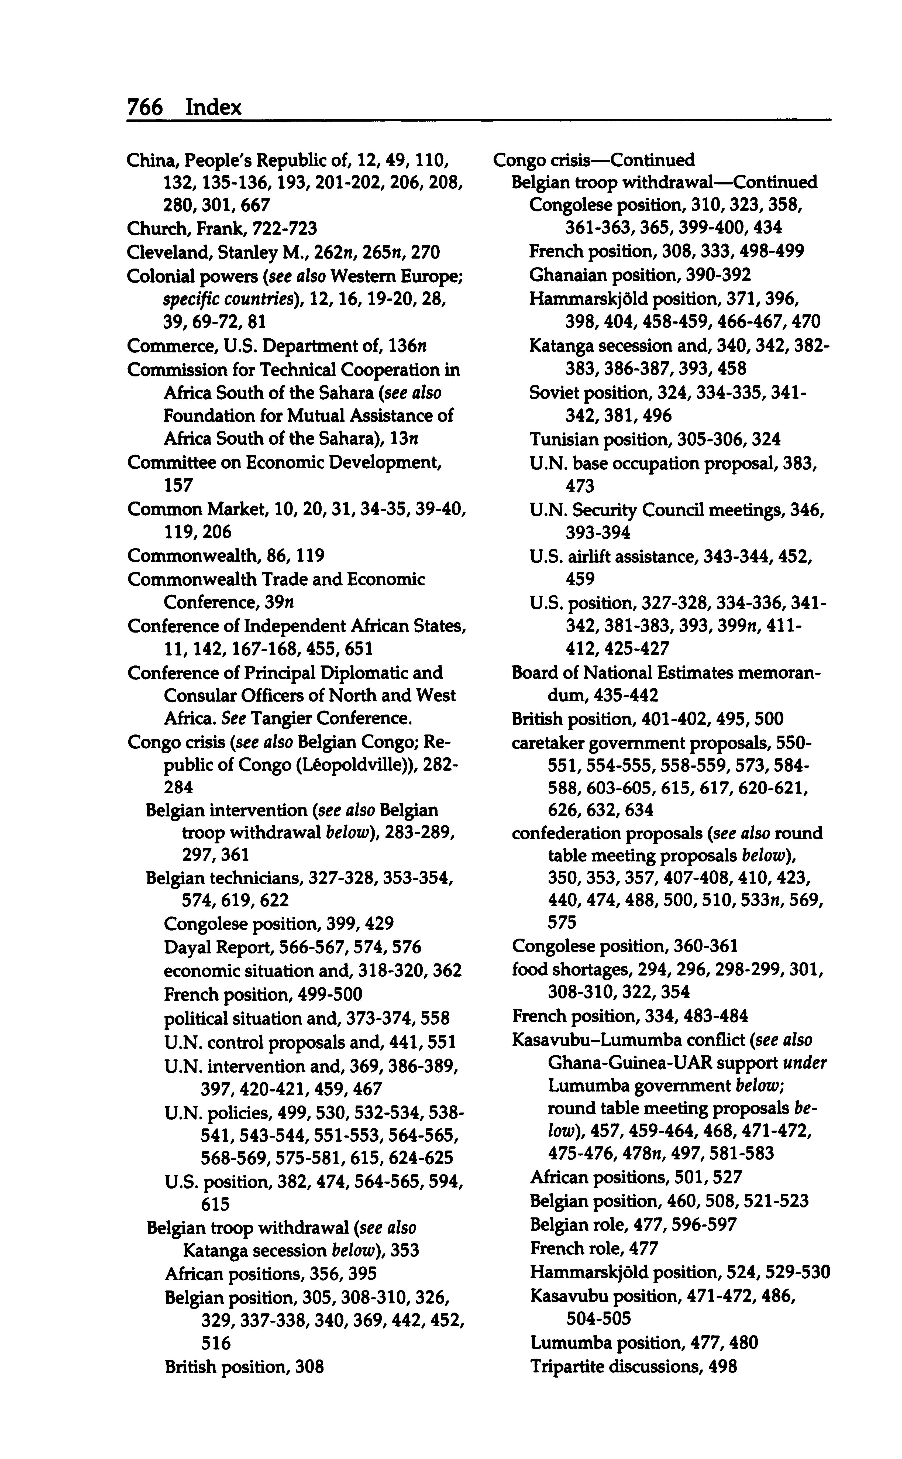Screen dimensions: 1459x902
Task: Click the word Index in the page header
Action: coord(214,107)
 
